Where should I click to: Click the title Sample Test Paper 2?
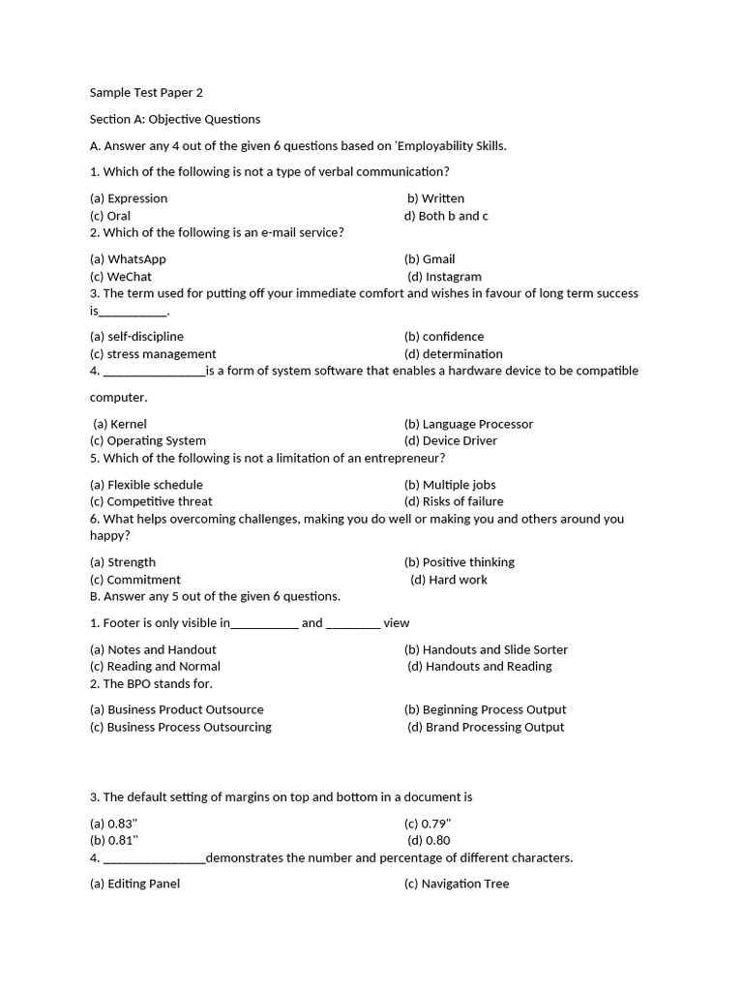[x=146, y=93]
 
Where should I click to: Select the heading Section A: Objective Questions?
[x=175, y=119]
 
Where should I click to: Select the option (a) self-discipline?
[x=136, y=337]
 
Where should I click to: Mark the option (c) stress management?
[x=153, y=354]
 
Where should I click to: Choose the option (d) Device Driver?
[x=451, y=441]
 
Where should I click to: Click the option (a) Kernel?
[x=120, y=424]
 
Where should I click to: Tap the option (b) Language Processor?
[x=468, y=424]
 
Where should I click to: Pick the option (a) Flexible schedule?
[x=146, y=485]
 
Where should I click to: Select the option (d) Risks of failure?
[x=454, y=501]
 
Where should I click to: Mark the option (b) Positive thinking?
[x=460, y=562]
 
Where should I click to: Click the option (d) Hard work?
[x=449, y=580]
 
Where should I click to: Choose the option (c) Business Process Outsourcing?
[x=181, y=727]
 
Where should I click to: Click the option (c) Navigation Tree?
[x=457, y=884]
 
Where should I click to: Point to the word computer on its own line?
[x=119, y=398]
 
